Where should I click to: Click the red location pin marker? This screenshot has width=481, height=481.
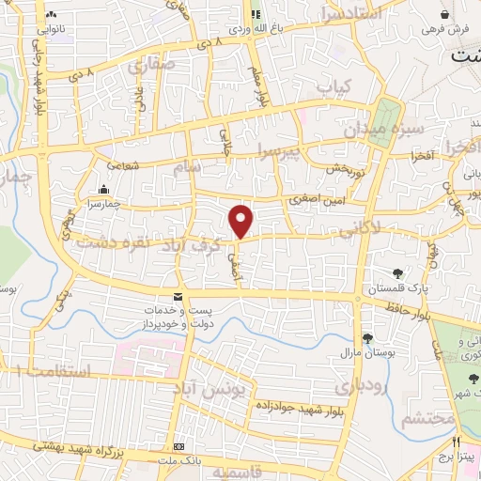241,221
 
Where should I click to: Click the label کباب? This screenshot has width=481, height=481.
326,87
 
